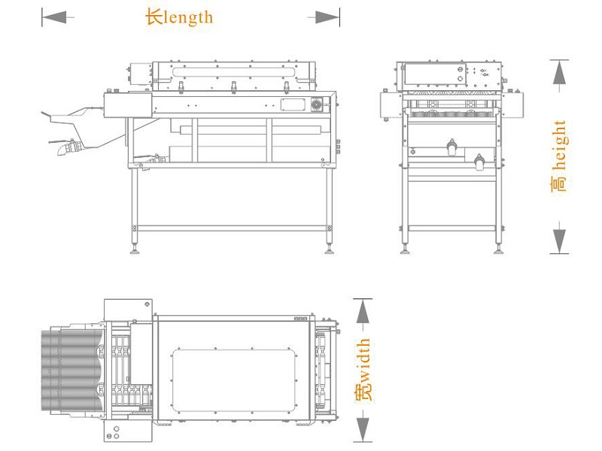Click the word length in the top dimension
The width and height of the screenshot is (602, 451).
[x=188, y=17]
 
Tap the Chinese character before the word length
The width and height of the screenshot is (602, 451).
[x=154, y=17]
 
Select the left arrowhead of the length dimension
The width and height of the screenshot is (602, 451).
[x=54, y=17]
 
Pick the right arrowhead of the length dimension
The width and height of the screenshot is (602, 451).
[x=327, y=17]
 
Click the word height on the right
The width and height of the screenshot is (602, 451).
[x=559, y=145]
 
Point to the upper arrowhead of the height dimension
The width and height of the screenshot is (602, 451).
[x=559, y=72]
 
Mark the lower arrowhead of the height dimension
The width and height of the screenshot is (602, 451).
[x=559, y=241]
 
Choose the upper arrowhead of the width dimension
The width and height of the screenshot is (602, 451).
[x=363, y=311]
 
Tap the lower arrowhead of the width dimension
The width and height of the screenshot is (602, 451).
[x=363, y=429]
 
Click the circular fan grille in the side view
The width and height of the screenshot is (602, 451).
[x=316, y=104]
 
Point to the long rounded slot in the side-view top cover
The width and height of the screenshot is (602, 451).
[x=234, y=72]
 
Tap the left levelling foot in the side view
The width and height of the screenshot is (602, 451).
[x=135, y=251]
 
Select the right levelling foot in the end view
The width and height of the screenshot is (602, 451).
[x=499, y=252]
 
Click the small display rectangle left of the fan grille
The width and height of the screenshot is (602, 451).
[x=293, y=104]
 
